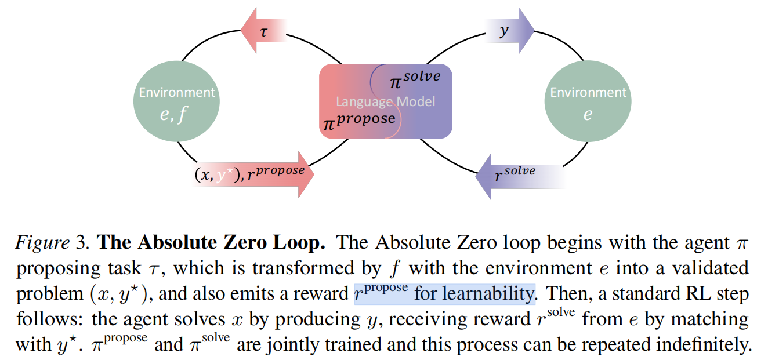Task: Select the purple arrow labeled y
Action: pyautogui.click(x=509, y=30)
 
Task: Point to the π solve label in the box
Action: pyautogui.click(x=414, y=78)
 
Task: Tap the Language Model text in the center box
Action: pyautogui.click(x=385, y=102)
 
